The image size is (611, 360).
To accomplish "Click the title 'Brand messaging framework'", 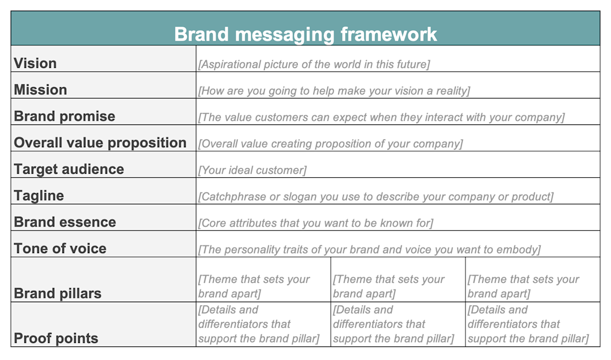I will (305, 34).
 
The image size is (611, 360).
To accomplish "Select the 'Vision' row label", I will (35, 63).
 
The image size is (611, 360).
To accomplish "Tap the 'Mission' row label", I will (40, 90).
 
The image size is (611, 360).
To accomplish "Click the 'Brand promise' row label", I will (65, 117).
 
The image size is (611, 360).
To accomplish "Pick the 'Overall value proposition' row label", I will (100, 143).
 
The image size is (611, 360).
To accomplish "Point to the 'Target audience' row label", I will (69, 169).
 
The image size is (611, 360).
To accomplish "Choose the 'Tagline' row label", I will (39, 196).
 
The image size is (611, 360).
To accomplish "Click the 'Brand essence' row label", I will (65, 222).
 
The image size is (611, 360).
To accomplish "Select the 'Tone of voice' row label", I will (60, 248).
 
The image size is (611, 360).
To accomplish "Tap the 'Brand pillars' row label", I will (57, 293).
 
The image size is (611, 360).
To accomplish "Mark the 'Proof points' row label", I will (56, 338).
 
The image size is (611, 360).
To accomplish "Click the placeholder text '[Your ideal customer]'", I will (252, 170).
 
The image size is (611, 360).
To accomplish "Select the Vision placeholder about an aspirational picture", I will (314, 65).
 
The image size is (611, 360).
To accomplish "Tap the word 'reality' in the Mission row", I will (450, 91).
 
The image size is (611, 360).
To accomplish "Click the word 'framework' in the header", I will (389, 34).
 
